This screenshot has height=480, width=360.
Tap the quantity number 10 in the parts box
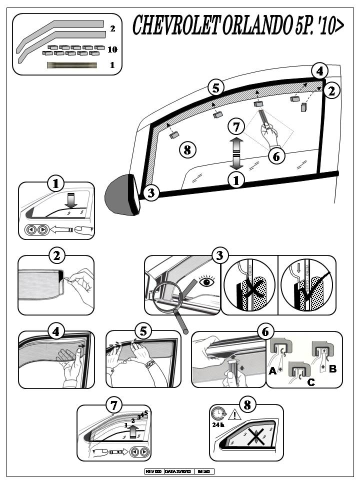click(112, 49)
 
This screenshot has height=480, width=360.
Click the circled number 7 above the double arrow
click(236, 124)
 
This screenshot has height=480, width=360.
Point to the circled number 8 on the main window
click(187, 149)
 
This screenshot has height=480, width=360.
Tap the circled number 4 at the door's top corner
click(319, 71)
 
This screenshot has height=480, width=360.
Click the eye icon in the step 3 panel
click(206, 281)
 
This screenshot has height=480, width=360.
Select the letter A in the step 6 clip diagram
click(273, 370)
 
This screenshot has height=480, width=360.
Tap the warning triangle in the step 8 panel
click(233, 415)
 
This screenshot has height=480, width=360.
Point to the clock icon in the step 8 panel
click(218, 414)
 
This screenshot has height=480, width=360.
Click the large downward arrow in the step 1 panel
click(70, 199)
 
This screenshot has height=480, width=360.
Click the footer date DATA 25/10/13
click(178, 471)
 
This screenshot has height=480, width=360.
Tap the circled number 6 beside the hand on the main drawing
click(276, 156)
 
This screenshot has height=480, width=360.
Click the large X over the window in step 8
click(256, 438)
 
